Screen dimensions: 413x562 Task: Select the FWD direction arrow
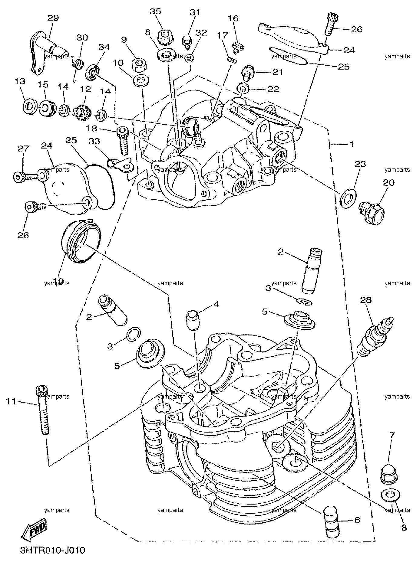(34, 531)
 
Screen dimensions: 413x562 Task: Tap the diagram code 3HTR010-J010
(52, 550)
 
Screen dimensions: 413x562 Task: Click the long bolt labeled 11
(42, 410)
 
